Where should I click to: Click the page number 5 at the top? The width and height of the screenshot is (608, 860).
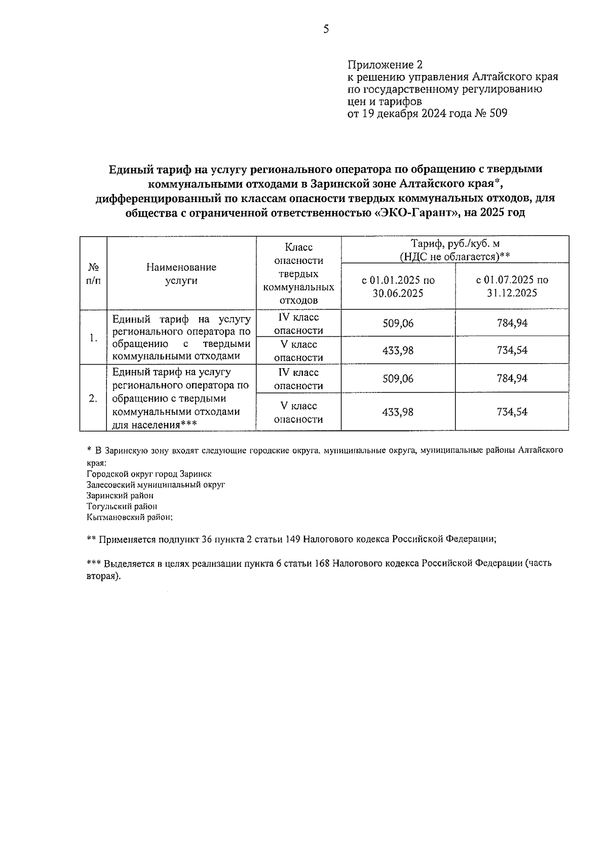point(326,29)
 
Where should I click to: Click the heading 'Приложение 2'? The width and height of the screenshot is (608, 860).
point(385,65)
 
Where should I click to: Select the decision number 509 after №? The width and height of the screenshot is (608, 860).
point(498,113)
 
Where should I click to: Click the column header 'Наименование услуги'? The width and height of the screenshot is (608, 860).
point(181,273)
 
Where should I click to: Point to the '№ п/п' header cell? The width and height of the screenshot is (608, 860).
point(93,273)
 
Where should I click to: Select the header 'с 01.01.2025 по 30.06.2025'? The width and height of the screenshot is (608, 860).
point(398,287)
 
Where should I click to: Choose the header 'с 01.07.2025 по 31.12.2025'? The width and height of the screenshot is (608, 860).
point(512,287)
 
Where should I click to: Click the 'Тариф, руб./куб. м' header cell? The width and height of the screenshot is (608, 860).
point(454,250)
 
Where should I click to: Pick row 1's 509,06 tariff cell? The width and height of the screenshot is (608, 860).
point(398,323)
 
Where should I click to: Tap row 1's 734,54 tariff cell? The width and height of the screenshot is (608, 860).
point(512,350)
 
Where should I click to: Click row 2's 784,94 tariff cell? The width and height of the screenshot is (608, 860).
point(512,378)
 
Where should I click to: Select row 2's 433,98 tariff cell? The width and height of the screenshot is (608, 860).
point(398,412)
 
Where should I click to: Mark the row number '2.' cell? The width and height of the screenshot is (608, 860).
point(93,398)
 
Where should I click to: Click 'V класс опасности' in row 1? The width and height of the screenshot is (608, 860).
point(298,350)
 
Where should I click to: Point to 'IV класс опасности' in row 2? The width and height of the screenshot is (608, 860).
point(298,379)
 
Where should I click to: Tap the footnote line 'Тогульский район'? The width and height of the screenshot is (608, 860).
point(122,506)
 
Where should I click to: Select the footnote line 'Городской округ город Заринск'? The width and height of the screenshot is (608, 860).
point(149,474)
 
